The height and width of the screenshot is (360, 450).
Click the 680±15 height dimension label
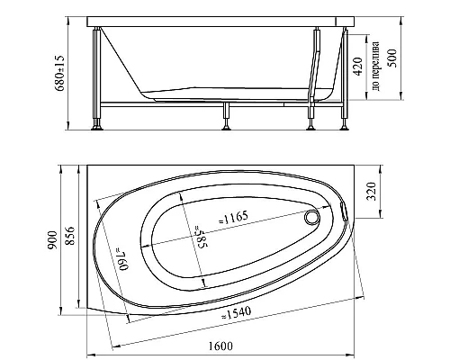point(59,73)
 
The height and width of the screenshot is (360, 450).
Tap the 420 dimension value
point(358,67)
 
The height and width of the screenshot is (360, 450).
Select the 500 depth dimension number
point(391,58)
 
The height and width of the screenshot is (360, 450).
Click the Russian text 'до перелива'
point(375,67)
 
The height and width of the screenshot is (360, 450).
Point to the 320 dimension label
point(372,192)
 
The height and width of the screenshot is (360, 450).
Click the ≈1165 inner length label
point(233,218)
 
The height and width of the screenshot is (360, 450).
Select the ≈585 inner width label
point(202,237)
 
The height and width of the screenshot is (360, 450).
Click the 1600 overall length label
point(220,346)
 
